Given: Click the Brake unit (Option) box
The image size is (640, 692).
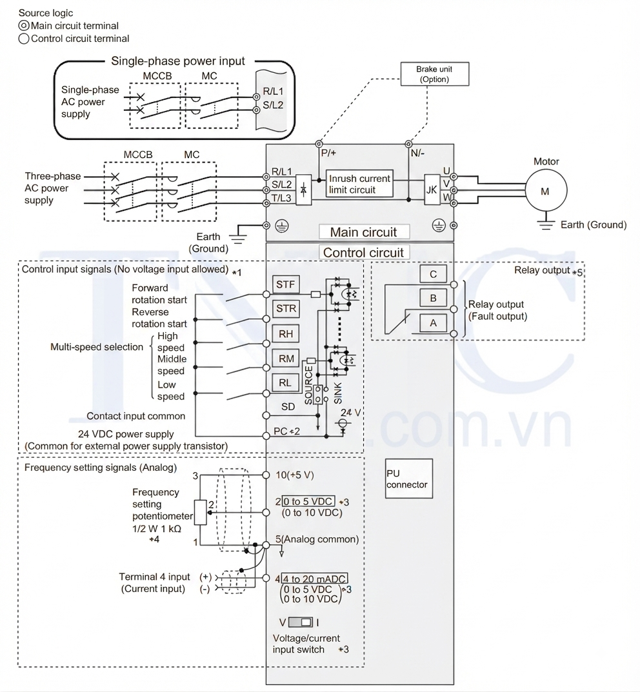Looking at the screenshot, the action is pos(434,74).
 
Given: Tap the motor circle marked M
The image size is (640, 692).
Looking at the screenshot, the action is pos(546,191).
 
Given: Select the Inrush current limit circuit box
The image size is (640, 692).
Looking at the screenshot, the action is pos(359,184).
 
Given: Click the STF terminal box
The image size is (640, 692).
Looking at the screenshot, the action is pos(286,284).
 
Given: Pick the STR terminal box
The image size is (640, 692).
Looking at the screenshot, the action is pos(286,308).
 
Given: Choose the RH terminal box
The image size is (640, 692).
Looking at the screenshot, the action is pos(286,333).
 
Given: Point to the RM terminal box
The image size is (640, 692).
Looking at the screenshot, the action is pos(286,359).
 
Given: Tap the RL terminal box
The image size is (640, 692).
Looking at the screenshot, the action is pos(285,382).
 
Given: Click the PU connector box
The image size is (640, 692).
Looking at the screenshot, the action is pos(409,479).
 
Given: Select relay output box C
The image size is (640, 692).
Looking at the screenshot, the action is pos(433,274).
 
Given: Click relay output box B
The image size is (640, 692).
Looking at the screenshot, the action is pos(433,299).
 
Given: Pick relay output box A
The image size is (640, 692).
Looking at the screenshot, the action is pos(433,323).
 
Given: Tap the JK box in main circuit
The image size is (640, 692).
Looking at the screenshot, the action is pos(432,190).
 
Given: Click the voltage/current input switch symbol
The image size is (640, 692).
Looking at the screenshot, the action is pos(301,622).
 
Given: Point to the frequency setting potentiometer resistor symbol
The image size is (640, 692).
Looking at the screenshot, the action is pos(201,512).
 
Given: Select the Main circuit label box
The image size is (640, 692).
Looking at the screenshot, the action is pos(364,232).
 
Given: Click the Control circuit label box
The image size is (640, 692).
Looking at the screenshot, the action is pos(364,252).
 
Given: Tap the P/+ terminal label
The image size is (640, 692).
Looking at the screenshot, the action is pos(328,153).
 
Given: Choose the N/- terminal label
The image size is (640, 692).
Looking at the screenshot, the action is pos(417,153).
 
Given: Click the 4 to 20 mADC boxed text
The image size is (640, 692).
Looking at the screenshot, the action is pos(314,578).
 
